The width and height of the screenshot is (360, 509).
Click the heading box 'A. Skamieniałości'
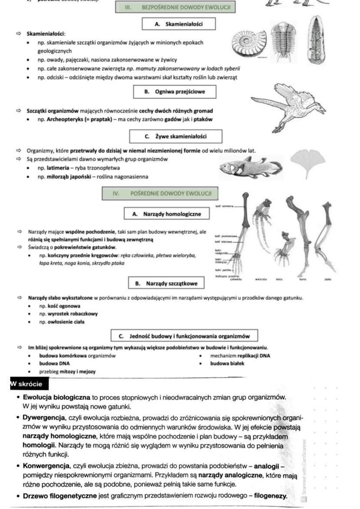[x=178, y=24]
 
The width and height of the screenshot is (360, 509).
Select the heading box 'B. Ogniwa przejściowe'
[x=174, y=92]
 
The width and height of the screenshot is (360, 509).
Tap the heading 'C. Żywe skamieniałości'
[x=176, y=136]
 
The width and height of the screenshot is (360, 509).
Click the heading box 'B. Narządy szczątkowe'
[x=166, y=283]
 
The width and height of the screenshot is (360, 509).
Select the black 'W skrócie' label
[x=27, y=384]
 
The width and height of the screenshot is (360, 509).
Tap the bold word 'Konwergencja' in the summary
[x=44, y=466]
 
